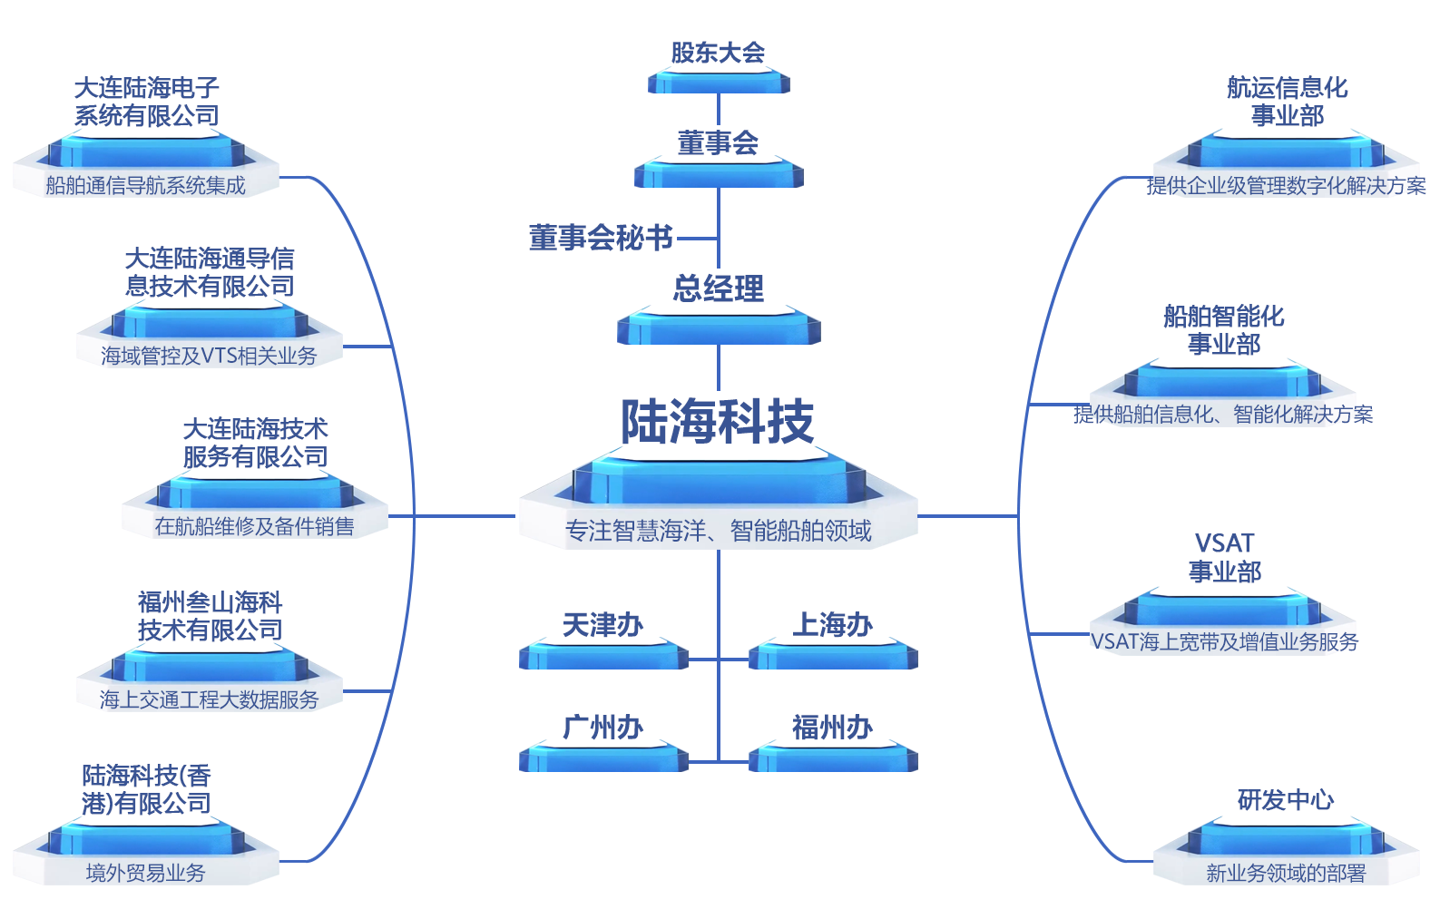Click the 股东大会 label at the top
pos(718,53)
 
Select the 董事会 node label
pos(718,142)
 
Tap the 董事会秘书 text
pos(601,238)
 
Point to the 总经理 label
pos(718,288)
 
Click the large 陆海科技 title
pos(718,422)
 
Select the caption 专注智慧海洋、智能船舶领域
pos(718,531)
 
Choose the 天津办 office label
pos(602,625)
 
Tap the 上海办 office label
pos(832,625)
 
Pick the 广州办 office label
pos(602,727)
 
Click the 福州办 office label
pos(832,727)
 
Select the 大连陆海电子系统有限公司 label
pos(146,102)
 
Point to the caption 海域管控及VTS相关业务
pos(209,356)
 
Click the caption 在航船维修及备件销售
pos(254,526)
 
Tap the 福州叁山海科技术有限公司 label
pos(210,616)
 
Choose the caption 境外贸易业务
pos(145,873)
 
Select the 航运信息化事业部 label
pos(1287,102)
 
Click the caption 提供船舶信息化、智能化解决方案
pos(1223,415)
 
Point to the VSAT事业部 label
pos(1224,557)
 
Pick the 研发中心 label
pos(1286,799)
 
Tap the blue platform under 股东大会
pos(718,83)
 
